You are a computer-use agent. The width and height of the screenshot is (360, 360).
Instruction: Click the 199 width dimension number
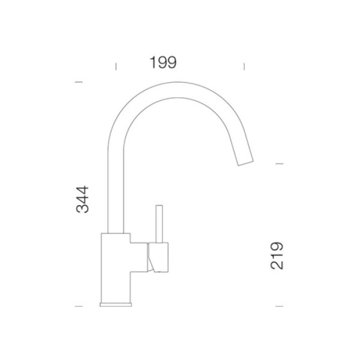click(x=163, y=62)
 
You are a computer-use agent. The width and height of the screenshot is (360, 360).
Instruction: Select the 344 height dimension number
click(x=82, y=199)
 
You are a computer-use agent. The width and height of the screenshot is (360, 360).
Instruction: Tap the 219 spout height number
click(x=277, y=256)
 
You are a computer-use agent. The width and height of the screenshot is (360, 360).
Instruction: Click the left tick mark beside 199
click(x=116, y=67)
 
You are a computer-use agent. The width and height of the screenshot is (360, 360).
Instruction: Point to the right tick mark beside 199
click(x=244, y=67)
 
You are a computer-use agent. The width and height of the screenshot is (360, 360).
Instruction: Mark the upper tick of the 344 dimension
click(x=79, y=82)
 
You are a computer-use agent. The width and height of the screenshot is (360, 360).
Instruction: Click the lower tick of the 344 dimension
click(x=79, y=306)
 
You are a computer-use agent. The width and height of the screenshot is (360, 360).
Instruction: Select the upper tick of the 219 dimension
click(x=280, y=164)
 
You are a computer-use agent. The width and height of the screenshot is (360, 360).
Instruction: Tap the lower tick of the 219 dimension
click(x=280, y=306)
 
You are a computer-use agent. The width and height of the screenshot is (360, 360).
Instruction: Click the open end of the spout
click(x=245, y=163)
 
